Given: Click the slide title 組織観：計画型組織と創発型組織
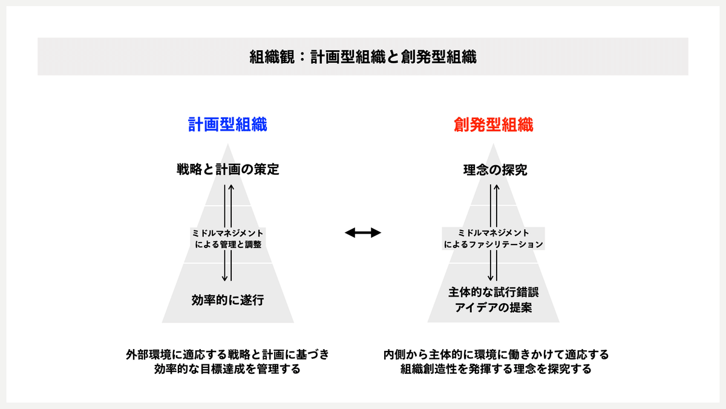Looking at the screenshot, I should (362, 57).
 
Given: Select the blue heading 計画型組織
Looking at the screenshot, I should (227, 125).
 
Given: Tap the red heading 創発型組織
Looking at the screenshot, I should (493, 125).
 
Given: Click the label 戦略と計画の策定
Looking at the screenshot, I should (227, 170).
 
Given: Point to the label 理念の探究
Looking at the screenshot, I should (493, 171).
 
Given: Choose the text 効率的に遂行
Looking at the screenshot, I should (227, 299).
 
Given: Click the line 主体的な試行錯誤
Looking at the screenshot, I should (493, 293).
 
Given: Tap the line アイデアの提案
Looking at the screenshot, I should (493, 307).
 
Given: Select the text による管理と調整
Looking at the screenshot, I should (227, 245).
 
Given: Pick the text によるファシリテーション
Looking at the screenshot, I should (493, 245).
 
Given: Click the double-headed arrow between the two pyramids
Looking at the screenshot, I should (363, 232).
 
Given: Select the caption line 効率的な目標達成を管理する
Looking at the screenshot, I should (227, 368).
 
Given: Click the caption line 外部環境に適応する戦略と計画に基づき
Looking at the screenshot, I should (227, 354).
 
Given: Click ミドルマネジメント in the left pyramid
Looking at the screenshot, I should (227, 233).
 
